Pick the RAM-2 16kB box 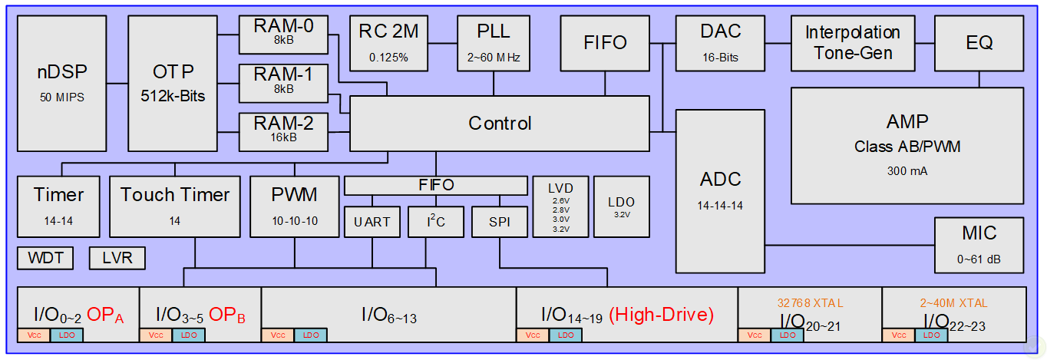(x=283, y=131)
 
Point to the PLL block (x=493, y=42)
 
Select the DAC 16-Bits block (x=721, y=42)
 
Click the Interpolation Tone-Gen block (x=853, y=42)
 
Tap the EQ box (x=979, y=43)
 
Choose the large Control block (x=500, y=123)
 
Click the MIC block (x=979, y=244)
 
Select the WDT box (x=45, y=258)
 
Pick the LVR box (x=117, y=258)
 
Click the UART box (x=372, y=222)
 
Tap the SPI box (x=499, y=222)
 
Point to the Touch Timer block (x=174, y=206)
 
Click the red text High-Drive (x=662, y=314)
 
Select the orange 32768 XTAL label (x=810, y=302)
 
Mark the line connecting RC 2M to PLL (x=442, y=44)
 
